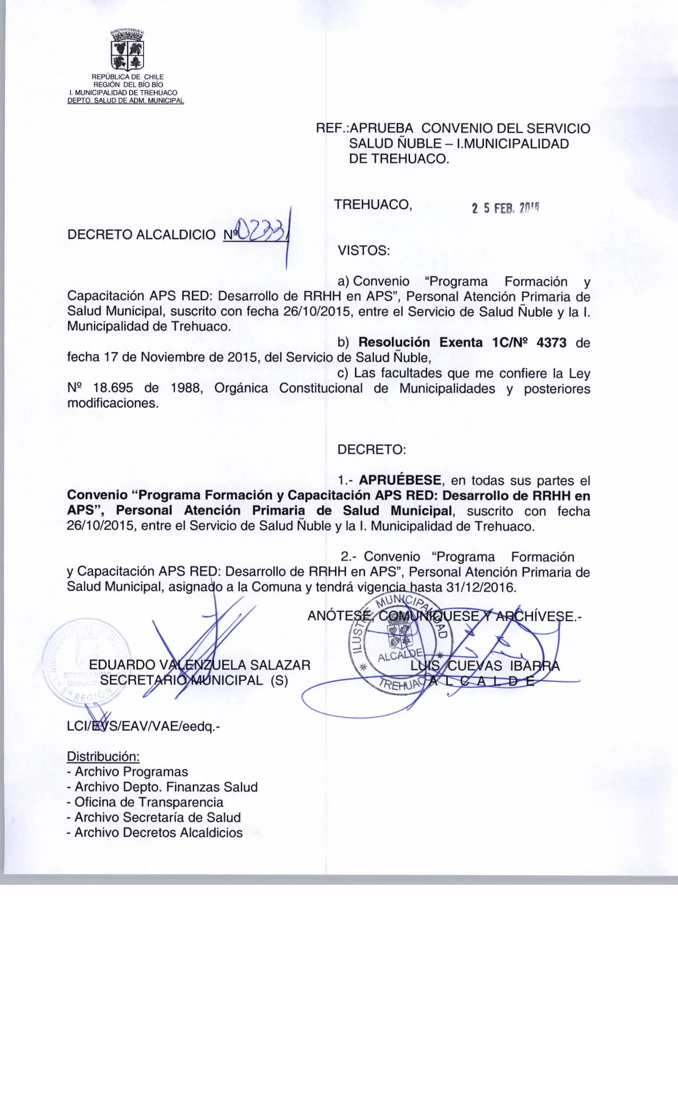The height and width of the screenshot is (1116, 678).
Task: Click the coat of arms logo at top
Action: tap(126, 51)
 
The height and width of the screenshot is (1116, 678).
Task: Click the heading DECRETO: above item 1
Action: tap(371, 450)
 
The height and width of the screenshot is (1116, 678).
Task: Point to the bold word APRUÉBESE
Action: tap(400, 480)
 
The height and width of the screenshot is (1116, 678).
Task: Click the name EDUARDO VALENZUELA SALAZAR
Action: tap(199, 665)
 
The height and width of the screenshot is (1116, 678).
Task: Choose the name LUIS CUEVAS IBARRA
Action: tap(485, 665)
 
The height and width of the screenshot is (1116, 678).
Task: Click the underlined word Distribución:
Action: tap(103, 756)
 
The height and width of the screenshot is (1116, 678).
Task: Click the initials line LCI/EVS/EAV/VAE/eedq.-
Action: tap(143, 726)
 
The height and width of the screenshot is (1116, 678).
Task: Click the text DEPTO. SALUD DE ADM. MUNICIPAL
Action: tap(125, 101)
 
